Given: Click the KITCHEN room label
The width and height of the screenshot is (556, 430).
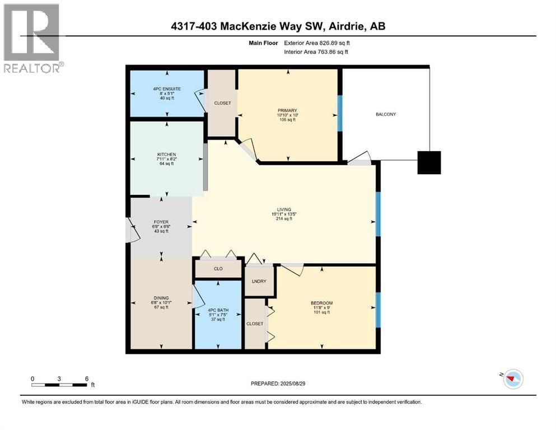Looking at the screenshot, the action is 167,155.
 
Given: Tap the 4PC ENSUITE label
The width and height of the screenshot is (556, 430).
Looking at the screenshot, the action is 167,89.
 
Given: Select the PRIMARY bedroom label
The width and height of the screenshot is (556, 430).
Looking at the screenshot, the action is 287,111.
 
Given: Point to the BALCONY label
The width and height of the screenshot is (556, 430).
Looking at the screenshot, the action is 386,114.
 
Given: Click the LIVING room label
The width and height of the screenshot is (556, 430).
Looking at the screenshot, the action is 284,209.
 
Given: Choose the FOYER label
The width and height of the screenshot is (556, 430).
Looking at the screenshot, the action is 161,222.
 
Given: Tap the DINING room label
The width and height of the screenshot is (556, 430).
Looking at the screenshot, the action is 161,298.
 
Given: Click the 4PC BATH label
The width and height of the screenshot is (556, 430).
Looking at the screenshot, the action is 218,310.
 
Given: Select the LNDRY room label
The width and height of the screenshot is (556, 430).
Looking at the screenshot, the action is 259,281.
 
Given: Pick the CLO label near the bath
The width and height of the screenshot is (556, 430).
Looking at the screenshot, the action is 218,269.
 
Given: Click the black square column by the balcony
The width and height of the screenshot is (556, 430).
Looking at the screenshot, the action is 429,163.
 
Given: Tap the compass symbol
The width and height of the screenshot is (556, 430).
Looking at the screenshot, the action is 512,379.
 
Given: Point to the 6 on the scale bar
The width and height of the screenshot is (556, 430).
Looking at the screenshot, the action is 87,378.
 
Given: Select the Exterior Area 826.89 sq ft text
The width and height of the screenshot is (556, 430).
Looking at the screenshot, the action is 317,43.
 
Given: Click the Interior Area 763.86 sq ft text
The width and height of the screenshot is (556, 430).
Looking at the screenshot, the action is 316,52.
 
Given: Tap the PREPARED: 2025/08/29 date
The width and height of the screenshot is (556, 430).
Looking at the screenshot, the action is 278,384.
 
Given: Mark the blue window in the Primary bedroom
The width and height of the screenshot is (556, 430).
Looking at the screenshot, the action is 340,113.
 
